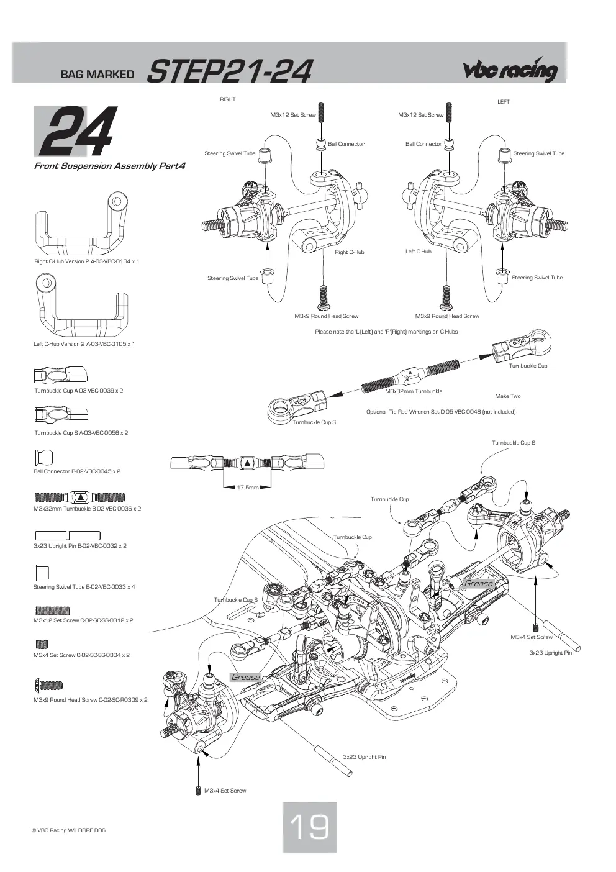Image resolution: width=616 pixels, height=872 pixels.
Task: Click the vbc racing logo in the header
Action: [x=510, y=70]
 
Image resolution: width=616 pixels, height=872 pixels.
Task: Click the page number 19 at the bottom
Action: [x=309, y=827]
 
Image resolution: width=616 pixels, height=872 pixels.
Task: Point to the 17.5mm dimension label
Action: [x=248, y=488]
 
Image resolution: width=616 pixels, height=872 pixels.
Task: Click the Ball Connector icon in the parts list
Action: [x=43, y=457]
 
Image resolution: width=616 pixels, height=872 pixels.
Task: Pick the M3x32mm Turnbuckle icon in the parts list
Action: [x=80, y=497]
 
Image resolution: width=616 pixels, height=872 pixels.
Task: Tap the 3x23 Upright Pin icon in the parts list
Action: [x=68, y=535]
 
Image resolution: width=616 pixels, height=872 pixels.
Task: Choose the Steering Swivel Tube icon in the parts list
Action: [x=42, y=572]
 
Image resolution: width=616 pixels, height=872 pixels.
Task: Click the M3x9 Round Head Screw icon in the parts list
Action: [x=48, y=685]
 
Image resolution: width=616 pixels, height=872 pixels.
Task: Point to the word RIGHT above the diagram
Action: [x=228, y=99]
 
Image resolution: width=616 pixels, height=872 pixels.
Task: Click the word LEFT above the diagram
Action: [x=503, y=102]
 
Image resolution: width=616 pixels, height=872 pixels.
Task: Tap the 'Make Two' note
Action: [x=507, y=396]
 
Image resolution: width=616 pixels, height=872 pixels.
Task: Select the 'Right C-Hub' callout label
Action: [x=350, y=252]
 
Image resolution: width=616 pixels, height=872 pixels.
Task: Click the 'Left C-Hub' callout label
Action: [x=419, y=252]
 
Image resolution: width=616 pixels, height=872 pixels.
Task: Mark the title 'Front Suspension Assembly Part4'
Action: [x=110, y=166]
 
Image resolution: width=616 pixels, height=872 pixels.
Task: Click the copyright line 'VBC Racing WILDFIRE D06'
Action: [x=68, y=830]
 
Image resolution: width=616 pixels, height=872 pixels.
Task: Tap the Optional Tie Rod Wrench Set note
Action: [x=441, y=412]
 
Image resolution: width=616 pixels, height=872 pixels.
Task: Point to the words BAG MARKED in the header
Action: [x=97, y=74]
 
